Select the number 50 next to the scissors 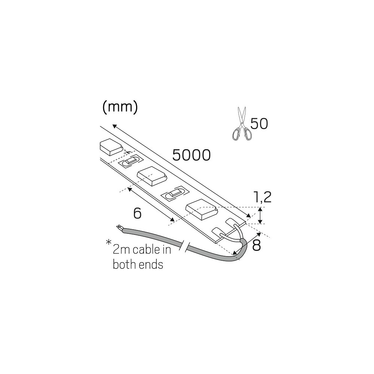point(259,124)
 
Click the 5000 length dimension point(191,155)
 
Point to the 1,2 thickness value point(263,197)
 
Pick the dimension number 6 point(137,213)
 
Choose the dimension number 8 point(257,245)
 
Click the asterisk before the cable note point(108,243)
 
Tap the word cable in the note point(146,250)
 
